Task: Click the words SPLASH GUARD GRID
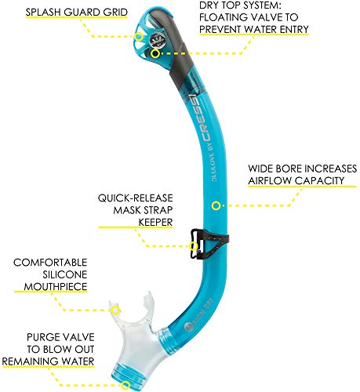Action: pos(76,13)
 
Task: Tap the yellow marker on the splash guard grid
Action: pos(139,36)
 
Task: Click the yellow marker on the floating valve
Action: pos(155,53)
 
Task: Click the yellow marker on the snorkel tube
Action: pos(216,205)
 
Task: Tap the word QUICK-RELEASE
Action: pos(136,198)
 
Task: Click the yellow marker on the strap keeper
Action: pos(194,246)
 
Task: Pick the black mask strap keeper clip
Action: pos(209,244)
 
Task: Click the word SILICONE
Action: pos(65,274)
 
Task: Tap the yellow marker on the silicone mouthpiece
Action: pos(115,310)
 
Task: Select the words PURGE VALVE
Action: pos(60,337)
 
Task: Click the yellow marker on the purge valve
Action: pos(125,385)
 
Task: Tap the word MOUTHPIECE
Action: pos(56,286)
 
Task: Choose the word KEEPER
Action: pos(155,223)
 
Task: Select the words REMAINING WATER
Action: pos(48,361)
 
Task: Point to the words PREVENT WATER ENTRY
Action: pos(254,29)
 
